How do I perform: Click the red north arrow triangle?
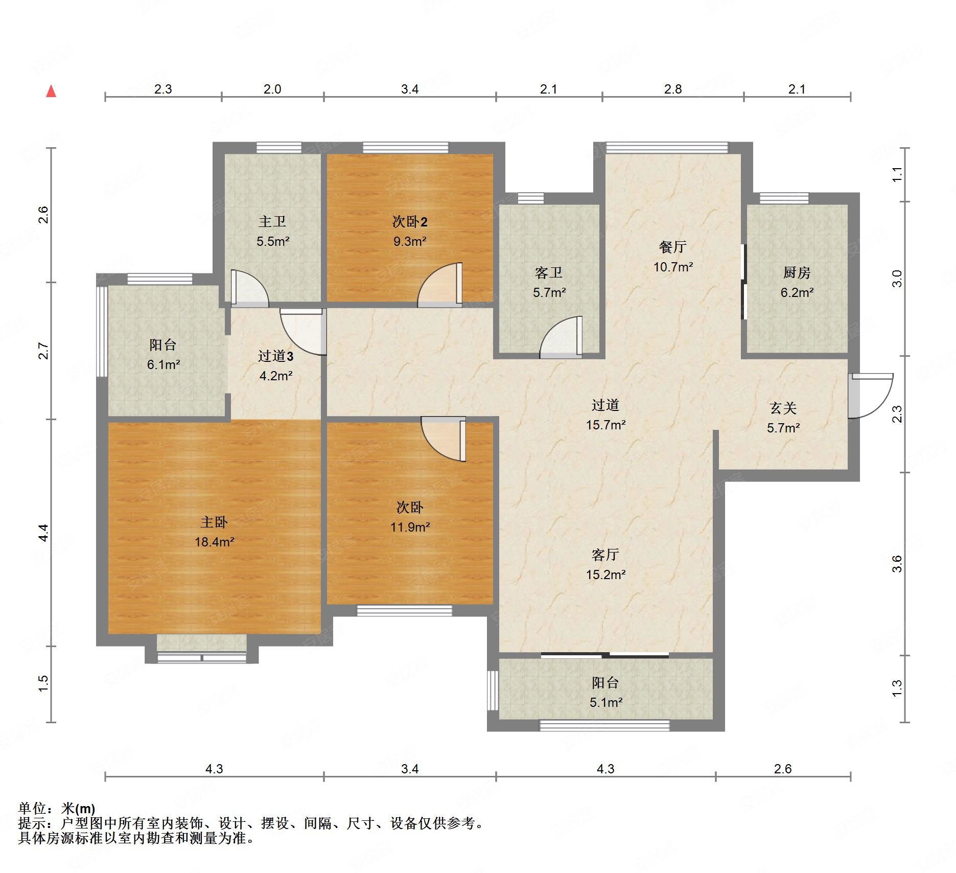click(51, 91)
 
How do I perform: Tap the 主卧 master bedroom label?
click(214, 522)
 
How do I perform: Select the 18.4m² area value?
click(214, 542)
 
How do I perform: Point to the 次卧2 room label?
click(410, 221)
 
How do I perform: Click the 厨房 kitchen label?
click(797, 272)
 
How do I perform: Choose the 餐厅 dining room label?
click(673, 247)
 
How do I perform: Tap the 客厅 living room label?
click(605, 555)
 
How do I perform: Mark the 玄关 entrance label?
click(783, 408)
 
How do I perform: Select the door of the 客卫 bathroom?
click(561, 337)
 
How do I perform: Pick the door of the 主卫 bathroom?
click(249, 288)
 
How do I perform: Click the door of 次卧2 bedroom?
click(440, 285)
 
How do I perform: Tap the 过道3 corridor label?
click(275, 356)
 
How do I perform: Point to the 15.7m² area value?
click(606, 425)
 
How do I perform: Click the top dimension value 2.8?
click(673, 89)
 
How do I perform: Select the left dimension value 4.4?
click(44, 533)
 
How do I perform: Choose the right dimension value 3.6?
click(897, 564)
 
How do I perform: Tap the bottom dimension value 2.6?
click(783, 769)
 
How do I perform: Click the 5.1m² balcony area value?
click(606, 702)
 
